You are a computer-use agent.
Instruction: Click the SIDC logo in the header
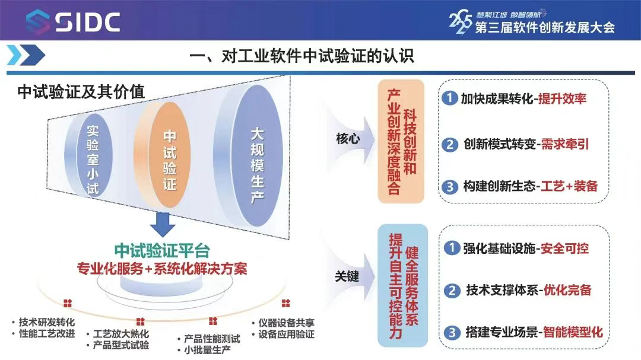73,21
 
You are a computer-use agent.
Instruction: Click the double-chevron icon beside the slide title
26,55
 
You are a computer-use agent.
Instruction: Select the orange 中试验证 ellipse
165,155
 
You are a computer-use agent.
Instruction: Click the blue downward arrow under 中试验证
163,224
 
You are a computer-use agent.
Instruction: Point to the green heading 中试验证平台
162,250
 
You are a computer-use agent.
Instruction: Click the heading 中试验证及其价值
81,92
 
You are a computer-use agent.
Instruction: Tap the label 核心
347,139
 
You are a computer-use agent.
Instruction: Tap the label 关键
347,276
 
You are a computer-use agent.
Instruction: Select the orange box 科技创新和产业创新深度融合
401,141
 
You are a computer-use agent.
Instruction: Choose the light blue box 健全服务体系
402,285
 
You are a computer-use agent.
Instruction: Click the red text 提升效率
562,98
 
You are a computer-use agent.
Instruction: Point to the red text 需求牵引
565,144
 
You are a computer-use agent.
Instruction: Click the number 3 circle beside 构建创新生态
450,187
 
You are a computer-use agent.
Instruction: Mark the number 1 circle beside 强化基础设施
452,248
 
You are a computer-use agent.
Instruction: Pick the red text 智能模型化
573,332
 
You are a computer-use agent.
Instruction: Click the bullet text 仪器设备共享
286,323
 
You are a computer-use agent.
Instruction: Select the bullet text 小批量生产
207,350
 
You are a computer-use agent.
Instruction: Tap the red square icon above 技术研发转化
68,303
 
